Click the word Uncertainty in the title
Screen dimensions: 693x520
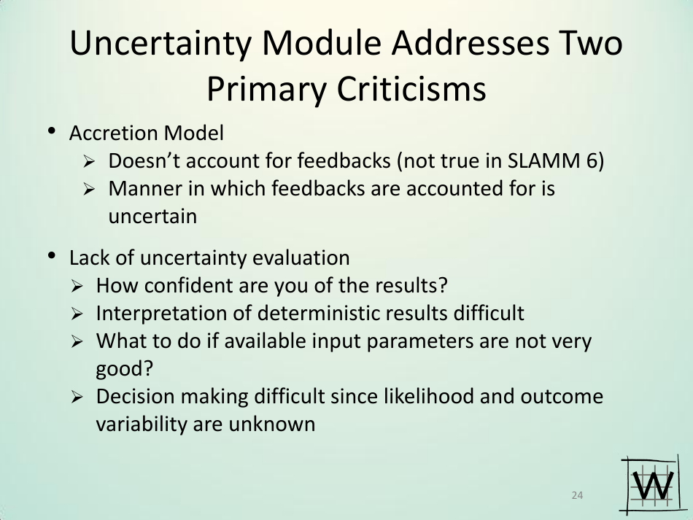coord(160,44)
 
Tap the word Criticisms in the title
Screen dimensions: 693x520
coord(411,88)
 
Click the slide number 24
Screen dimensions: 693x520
coord(577,495)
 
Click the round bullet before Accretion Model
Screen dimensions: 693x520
coord(52,131)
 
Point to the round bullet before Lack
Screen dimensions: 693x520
coord(52,256)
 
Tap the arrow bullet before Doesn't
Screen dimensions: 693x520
coord(88,162)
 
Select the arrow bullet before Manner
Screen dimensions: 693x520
coord(88,190)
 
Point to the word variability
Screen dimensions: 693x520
coord(142,424)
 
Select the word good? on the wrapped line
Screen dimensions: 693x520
coord(125,369)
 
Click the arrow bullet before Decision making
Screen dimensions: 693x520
coord(77,397)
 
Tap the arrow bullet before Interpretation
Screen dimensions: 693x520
coord(77,314)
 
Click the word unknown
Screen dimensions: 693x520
coord(272,424)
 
